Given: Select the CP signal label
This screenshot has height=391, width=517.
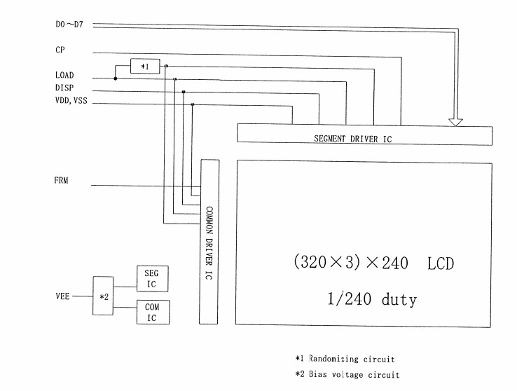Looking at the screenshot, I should (60, 50).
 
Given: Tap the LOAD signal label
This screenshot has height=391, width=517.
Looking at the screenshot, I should (64, 75).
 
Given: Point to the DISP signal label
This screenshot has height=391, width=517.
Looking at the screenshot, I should (64, 88).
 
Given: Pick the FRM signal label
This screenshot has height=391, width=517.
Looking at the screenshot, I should (61, 181).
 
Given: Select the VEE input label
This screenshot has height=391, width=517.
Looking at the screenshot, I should (62, 295).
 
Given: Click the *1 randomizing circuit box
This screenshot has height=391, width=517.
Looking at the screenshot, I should (145, 67).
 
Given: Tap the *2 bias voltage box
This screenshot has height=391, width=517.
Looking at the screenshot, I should (103, 296).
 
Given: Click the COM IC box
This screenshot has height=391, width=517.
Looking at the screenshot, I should (151, 312).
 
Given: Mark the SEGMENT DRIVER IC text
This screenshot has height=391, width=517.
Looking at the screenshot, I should (352, 139).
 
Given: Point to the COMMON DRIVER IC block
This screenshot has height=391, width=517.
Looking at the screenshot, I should (209, 241).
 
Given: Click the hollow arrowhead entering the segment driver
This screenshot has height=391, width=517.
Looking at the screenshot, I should (455, 121).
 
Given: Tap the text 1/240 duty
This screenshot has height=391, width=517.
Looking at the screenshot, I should (371, 300).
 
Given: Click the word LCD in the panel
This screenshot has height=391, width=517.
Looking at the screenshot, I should (440, 263).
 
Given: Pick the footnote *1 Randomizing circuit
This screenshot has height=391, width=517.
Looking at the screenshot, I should (345, 359).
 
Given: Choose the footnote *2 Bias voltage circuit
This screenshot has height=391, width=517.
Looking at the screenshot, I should (347, 375).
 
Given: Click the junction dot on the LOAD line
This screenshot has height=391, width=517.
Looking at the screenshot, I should (116, 78).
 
